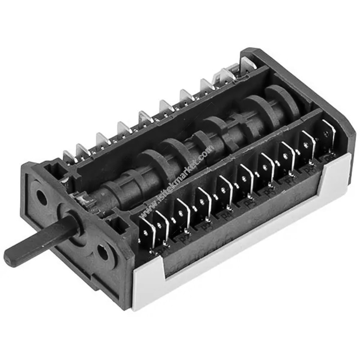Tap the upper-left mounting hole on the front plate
coord(42,197)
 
